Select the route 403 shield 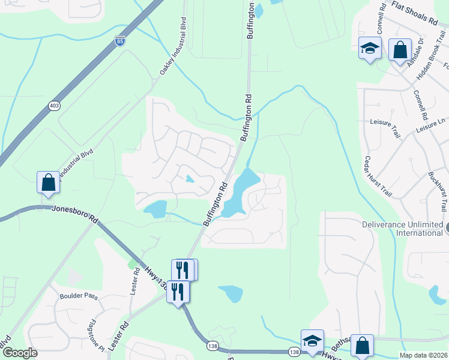point(55,106)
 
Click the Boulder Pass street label point(78,296)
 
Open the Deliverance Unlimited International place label point(402,229)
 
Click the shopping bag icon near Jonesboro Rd point(48,182)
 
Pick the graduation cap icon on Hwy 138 point(312,340)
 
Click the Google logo point(19,353)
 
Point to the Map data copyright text point(423,355)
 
